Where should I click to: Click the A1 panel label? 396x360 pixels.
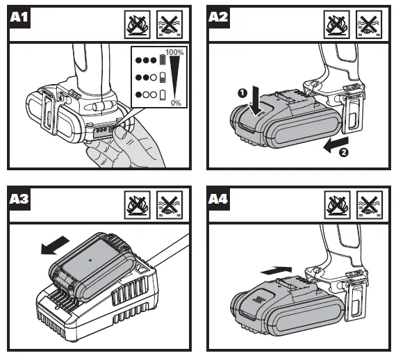19,17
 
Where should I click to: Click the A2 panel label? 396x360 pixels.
218,17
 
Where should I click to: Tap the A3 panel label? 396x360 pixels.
19,199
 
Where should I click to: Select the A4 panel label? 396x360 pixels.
218,199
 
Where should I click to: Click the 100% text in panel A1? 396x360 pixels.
174,53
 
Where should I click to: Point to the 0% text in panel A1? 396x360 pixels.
176,103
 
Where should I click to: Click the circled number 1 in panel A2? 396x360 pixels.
242,93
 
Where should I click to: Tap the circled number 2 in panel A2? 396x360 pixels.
344,153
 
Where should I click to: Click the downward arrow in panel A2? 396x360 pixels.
257,101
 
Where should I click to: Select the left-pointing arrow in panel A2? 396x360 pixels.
336,145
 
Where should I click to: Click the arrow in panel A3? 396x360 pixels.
55,245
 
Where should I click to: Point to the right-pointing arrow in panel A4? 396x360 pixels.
276,270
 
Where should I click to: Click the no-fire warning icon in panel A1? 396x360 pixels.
138,24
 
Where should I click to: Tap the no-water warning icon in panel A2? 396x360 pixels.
369,24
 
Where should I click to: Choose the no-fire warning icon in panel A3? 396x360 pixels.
138,205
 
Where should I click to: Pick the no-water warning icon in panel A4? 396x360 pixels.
370,205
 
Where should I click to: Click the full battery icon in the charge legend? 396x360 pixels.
163,60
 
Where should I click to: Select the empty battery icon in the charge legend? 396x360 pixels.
163,95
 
